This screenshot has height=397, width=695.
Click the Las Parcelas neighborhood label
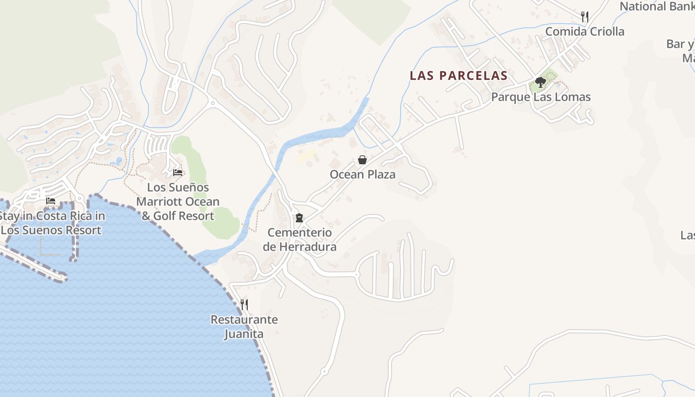click(x=458, y=75)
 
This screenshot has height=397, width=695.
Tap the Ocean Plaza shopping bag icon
click(x=362, y=160)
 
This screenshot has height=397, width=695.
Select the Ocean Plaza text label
click(x=362, y=175)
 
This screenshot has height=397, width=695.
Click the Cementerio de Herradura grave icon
click(x=299, y=218)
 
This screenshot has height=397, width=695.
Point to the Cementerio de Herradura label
click(x=299, y=240)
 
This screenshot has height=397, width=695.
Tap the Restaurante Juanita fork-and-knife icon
click(x=244, y=305)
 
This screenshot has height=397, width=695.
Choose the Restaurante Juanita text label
click(x=244, y=327)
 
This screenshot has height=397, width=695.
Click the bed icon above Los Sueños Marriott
click(x=178, y=173)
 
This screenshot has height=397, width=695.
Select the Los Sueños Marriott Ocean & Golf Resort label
click(x=178, y=201)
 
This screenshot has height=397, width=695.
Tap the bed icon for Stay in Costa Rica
click(x=51, y=201)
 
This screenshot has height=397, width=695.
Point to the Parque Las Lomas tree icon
click(x=541, y=82)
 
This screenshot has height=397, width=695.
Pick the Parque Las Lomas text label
click(x=541, y=97)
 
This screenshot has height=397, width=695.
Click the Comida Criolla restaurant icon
click(x=585, y=17)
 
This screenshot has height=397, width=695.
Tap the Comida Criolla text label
click(x=585, y=32)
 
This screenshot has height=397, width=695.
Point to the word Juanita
click(x=244, y=334)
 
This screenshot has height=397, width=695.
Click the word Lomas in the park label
click(x=571, y=97)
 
